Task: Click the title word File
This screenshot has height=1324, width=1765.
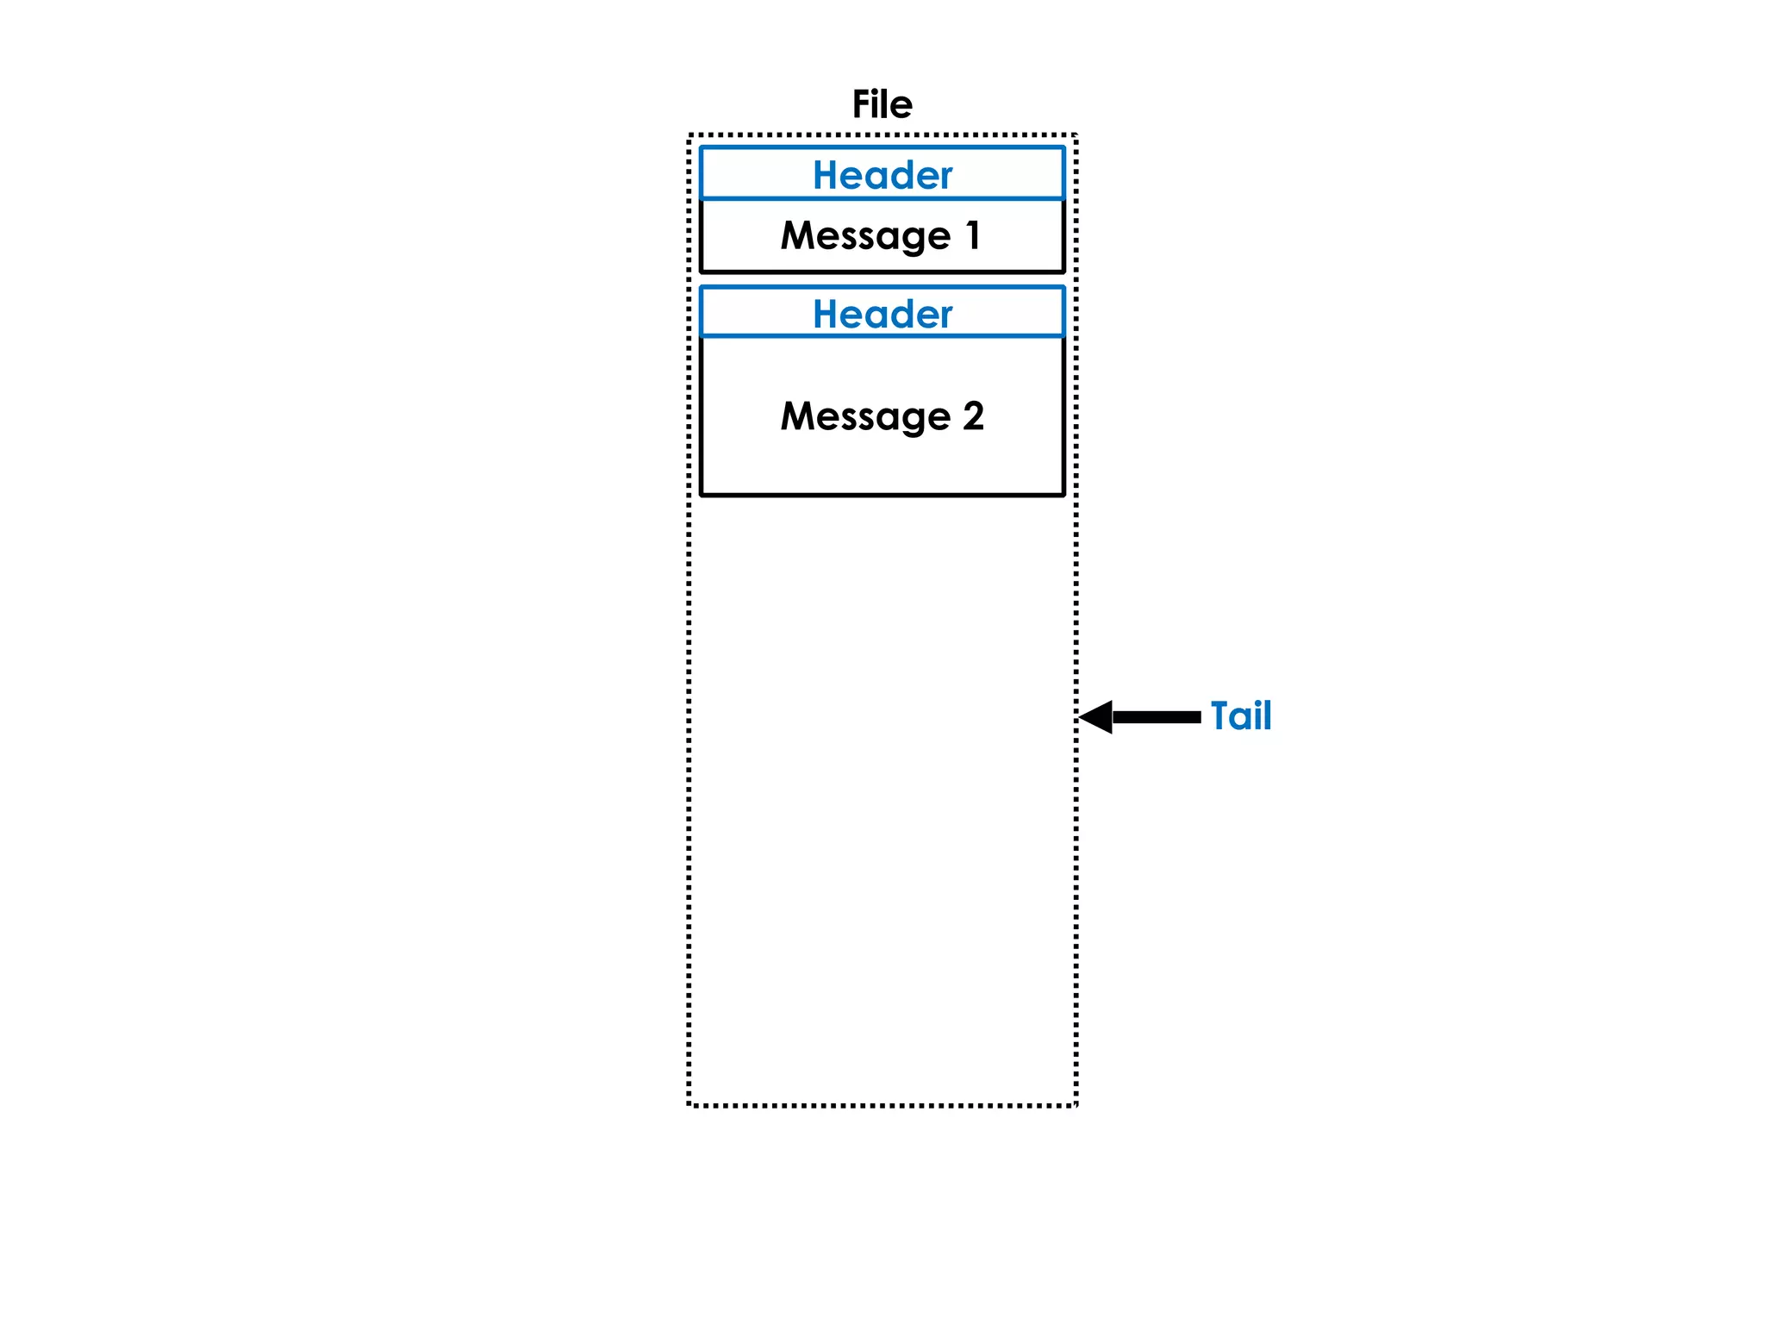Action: pyautogui.click(x=882, y=104)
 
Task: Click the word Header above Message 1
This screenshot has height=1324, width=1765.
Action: pyautogui.click(x=882, y=175)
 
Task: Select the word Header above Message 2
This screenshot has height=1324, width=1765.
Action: pyautogui.click(x=882, y=314)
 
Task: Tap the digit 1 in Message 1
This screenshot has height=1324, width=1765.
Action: pyautogui.click(x=973, y=234)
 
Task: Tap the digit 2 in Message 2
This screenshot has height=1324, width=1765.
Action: pyautogui.click(x=973, y=415)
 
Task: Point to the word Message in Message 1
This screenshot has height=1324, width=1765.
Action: pyautogui.click(x=865, y=235)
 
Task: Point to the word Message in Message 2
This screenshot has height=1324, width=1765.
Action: pyautogui.click(x=865, y=416)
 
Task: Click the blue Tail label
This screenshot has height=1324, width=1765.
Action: pyautogui.click(x=1240, y=715)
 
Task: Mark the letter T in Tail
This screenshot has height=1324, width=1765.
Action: pyautogui.click(x=1221, y=715)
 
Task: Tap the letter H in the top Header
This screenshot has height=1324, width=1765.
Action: pyautogui.click(x=826, y=175)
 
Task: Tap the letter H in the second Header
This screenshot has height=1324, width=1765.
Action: pyautogui.click(x=826, y=314)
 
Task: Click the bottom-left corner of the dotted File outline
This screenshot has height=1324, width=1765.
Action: pyautogui.click(x=689, y=1104)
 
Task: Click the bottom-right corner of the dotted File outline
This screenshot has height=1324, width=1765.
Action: pyautogui.click(x=1076, y=1104)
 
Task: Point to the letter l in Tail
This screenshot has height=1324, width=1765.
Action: pyautogui.click(x=1267, y=715)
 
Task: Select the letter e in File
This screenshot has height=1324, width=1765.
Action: pyautogui.click(x=902, y=107)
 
